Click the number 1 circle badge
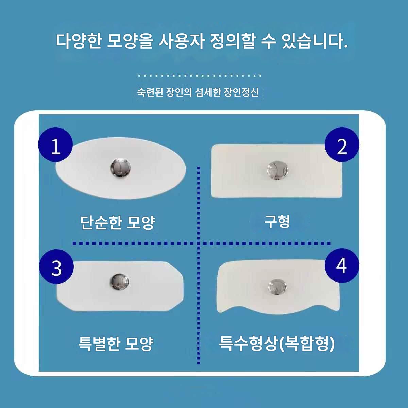coord(55,144)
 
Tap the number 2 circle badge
coord(342,144)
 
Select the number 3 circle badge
coord(56,266)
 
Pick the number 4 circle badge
coord(342,266)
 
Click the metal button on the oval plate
coord(120,168)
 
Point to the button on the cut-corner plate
coord(120,282)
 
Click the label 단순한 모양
coord(118,222)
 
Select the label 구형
coord(277,222)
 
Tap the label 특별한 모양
coord(116,343)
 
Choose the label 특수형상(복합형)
coord(276,343)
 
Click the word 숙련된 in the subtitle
coord(150,92)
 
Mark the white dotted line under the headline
coord(200,75)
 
